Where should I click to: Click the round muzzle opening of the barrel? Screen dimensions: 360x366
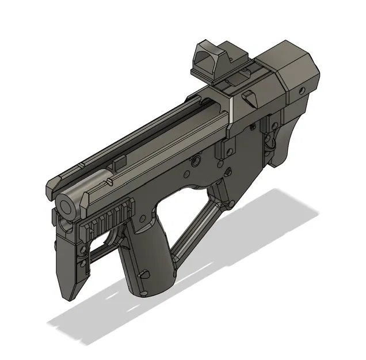[x=66, y=204]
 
